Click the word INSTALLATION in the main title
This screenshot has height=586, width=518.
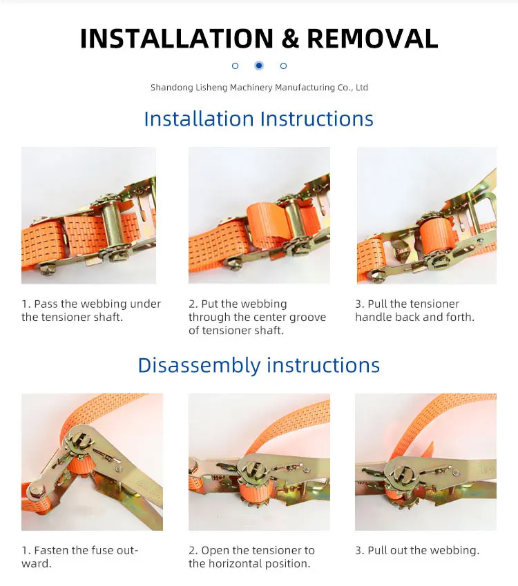pos(177,39)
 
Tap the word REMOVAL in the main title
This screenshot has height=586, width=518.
pos(372,39)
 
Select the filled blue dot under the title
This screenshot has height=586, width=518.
pos(259,66)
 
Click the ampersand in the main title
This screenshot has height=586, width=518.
pos(290,39)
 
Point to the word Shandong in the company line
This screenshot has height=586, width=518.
pos(172,88)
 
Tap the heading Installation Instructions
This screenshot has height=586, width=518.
pos(259,119)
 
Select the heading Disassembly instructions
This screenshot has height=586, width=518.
pos(259,365)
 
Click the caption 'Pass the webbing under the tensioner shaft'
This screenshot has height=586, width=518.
pos(91,311)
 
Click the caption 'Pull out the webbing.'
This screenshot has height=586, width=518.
pos(417,551)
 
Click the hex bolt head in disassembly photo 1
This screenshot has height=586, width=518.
pos(35,490)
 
